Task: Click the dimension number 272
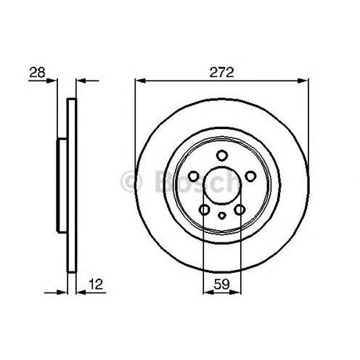click(x=221, y=72)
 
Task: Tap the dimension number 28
click(x=37, y=72)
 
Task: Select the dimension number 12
click(x=96, y=284)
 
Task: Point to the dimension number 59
click(x=221, y=284)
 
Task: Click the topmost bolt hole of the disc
click(x=222, y=155)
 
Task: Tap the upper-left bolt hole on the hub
click(x=194, y=176)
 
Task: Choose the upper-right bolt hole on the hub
click(x=250, y=176)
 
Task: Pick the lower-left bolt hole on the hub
click(x=205, y=210)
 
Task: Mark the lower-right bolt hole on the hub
click(x=240, y=210)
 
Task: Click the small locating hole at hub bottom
click(x=222, y=216)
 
